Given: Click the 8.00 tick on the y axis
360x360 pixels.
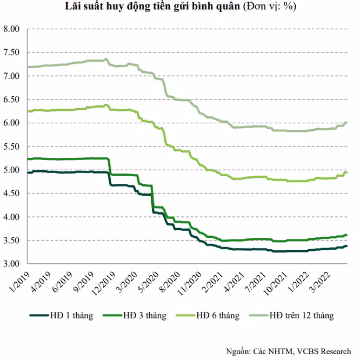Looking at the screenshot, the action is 11,29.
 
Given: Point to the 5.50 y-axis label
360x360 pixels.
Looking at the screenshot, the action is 11,146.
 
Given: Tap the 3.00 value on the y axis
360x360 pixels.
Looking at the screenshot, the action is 11,264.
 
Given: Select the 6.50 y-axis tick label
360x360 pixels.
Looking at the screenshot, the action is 11,99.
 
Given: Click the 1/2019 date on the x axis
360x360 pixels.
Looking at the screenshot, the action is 19,282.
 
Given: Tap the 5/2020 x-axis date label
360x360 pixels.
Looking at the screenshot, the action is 148,282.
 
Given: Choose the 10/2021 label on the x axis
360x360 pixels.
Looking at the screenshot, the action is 275,283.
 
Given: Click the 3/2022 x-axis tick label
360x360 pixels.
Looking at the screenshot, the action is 321,282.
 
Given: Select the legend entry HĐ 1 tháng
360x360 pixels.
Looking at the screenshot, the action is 62,316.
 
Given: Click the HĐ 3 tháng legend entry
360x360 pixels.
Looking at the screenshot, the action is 135,316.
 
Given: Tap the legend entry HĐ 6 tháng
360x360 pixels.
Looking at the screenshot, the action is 208,316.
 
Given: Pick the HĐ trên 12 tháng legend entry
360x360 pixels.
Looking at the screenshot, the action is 291,316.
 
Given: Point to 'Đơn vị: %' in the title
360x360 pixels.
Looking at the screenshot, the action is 270,6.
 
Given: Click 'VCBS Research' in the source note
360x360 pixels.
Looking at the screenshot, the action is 324,351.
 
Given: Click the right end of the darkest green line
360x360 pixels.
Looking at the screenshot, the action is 346,246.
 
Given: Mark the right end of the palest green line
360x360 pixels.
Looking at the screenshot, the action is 346,123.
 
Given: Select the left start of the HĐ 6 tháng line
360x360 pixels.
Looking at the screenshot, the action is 28,111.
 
